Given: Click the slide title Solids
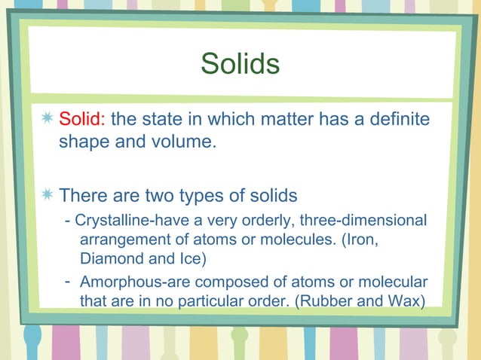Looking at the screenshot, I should click(240, 64).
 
